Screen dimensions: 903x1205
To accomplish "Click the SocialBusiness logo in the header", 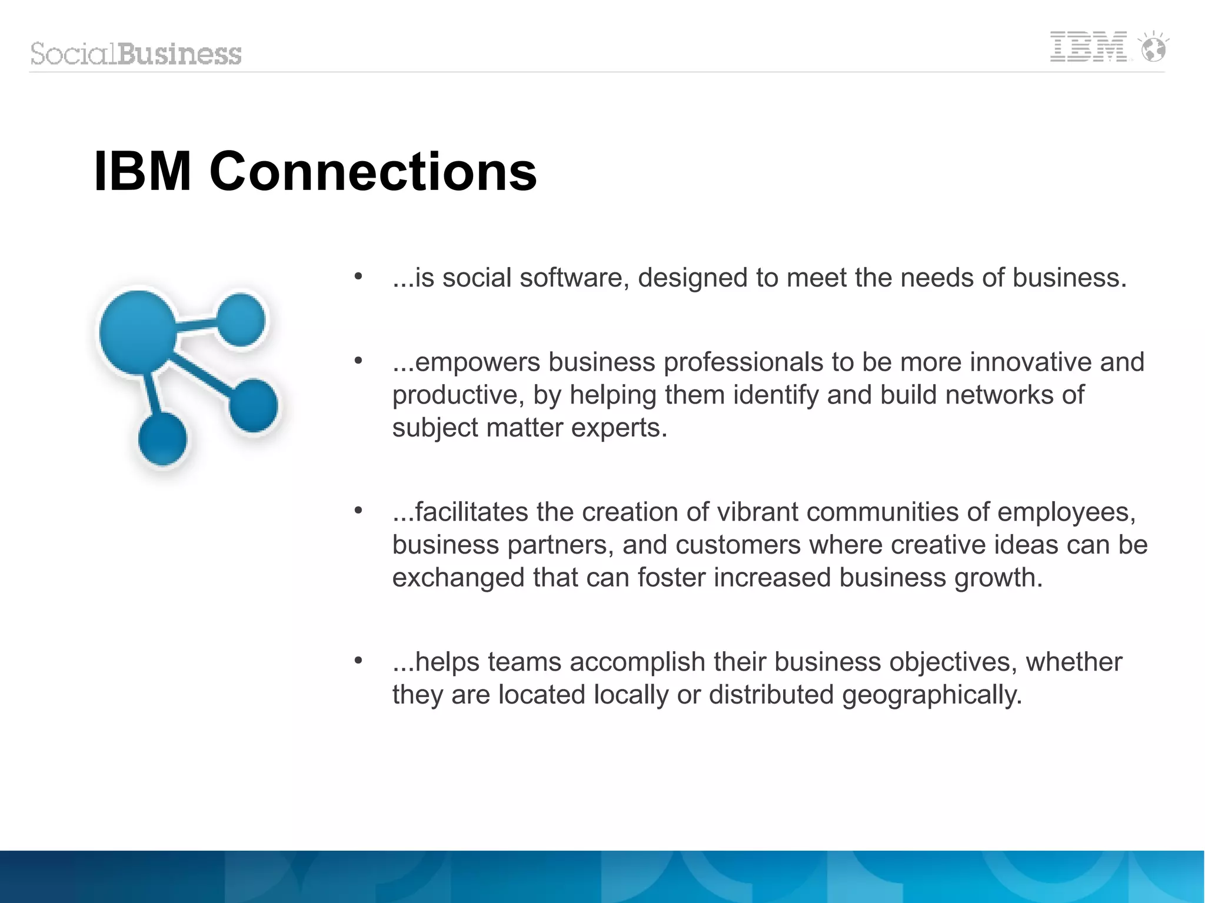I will (136, 54).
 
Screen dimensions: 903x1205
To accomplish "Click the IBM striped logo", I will (1088, 46).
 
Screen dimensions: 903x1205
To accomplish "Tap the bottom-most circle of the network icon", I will (162, 439).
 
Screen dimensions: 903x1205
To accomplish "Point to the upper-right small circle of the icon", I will (241, 320).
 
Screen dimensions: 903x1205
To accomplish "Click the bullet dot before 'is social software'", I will (358, 276).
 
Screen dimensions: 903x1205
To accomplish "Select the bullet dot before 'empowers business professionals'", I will (358, 361).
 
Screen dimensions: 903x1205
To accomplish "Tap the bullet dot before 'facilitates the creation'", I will (358, 511).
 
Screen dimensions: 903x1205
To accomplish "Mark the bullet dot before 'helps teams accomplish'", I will (358, 661).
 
